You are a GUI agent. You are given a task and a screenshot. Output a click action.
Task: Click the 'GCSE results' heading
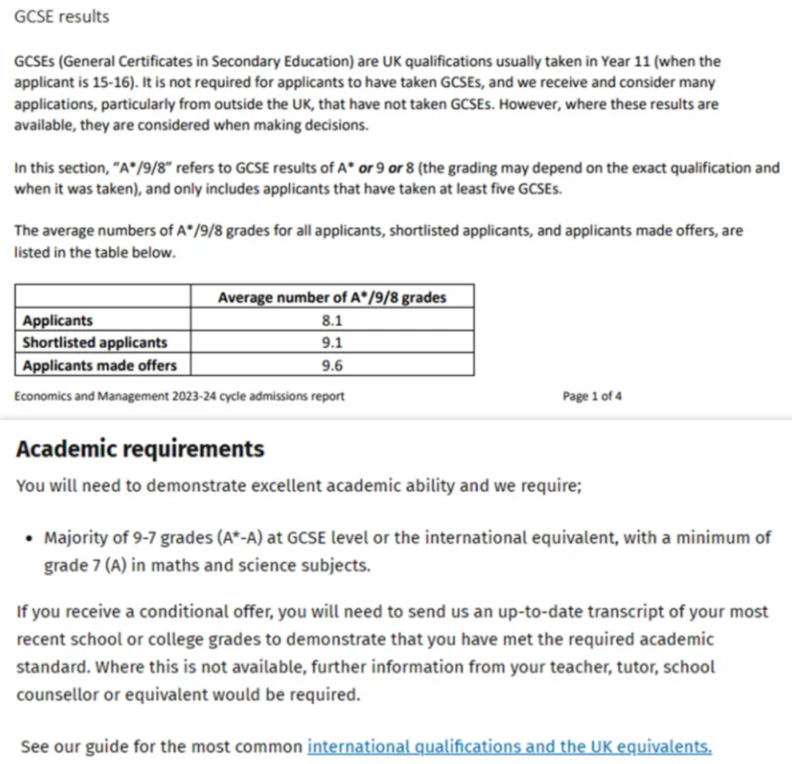(62, 17)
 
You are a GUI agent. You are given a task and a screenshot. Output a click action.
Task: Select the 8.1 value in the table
(332, 320)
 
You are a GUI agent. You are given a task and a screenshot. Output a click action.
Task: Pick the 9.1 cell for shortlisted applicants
(332, 343)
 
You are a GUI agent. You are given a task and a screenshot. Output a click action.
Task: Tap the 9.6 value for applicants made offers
(332, 365)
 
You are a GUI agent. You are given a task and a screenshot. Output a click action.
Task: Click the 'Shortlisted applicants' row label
(95, 343)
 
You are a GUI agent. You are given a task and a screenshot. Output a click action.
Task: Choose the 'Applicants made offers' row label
(100, 365)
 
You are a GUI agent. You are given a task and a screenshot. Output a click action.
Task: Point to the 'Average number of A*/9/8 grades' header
(332, 297)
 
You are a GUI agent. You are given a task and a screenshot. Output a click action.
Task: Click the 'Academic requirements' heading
(140, 448)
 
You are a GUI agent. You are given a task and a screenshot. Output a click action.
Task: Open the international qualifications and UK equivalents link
(510, 746)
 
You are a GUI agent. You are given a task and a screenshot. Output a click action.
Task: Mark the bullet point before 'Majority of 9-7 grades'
(29, 538)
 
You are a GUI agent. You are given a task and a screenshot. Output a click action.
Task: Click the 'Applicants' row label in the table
(58, 320)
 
